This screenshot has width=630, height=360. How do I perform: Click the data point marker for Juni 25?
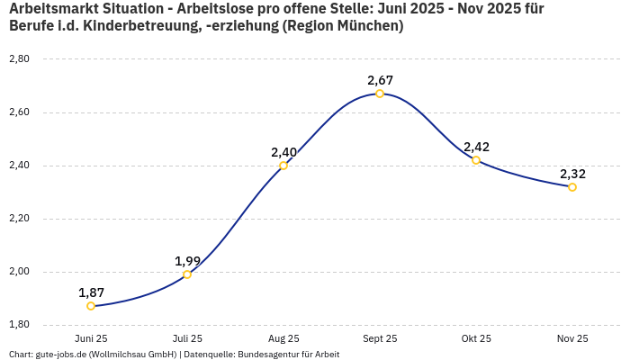91,306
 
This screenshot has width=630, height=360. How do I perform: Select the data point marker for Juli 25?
187,274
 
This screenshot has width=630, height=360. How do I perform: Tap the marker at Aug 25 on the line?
283,166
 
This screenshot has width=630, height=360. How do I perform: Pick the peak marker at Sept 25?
380,94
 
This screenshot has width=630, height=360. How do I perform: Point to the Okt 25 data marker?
476,160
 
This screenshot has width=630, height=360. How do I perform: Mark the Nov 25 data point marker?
572,187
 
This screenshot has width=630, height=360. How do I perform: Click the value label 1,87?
91,292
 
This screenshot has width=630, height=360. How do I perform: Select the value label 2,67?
380,80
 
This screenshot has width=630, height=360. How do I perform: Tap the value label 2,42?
476,147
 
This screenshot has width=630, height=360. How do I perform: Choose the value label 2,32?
572,174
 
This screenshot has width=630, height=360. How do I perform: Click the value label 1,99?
187,261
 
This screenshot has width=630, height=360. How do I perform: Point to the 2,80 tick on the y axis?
19,59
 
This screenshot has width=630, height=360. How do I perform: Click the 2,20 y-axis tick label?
19,219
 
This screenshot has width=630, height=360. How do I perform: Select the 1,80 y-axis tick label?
19,325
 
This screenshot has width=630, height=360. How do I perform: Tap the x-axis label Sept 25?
380,338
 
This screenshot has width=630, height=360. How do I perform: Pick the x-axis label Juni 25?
91,338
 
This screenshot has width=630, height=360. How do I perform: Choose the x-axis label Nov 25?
572,338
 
